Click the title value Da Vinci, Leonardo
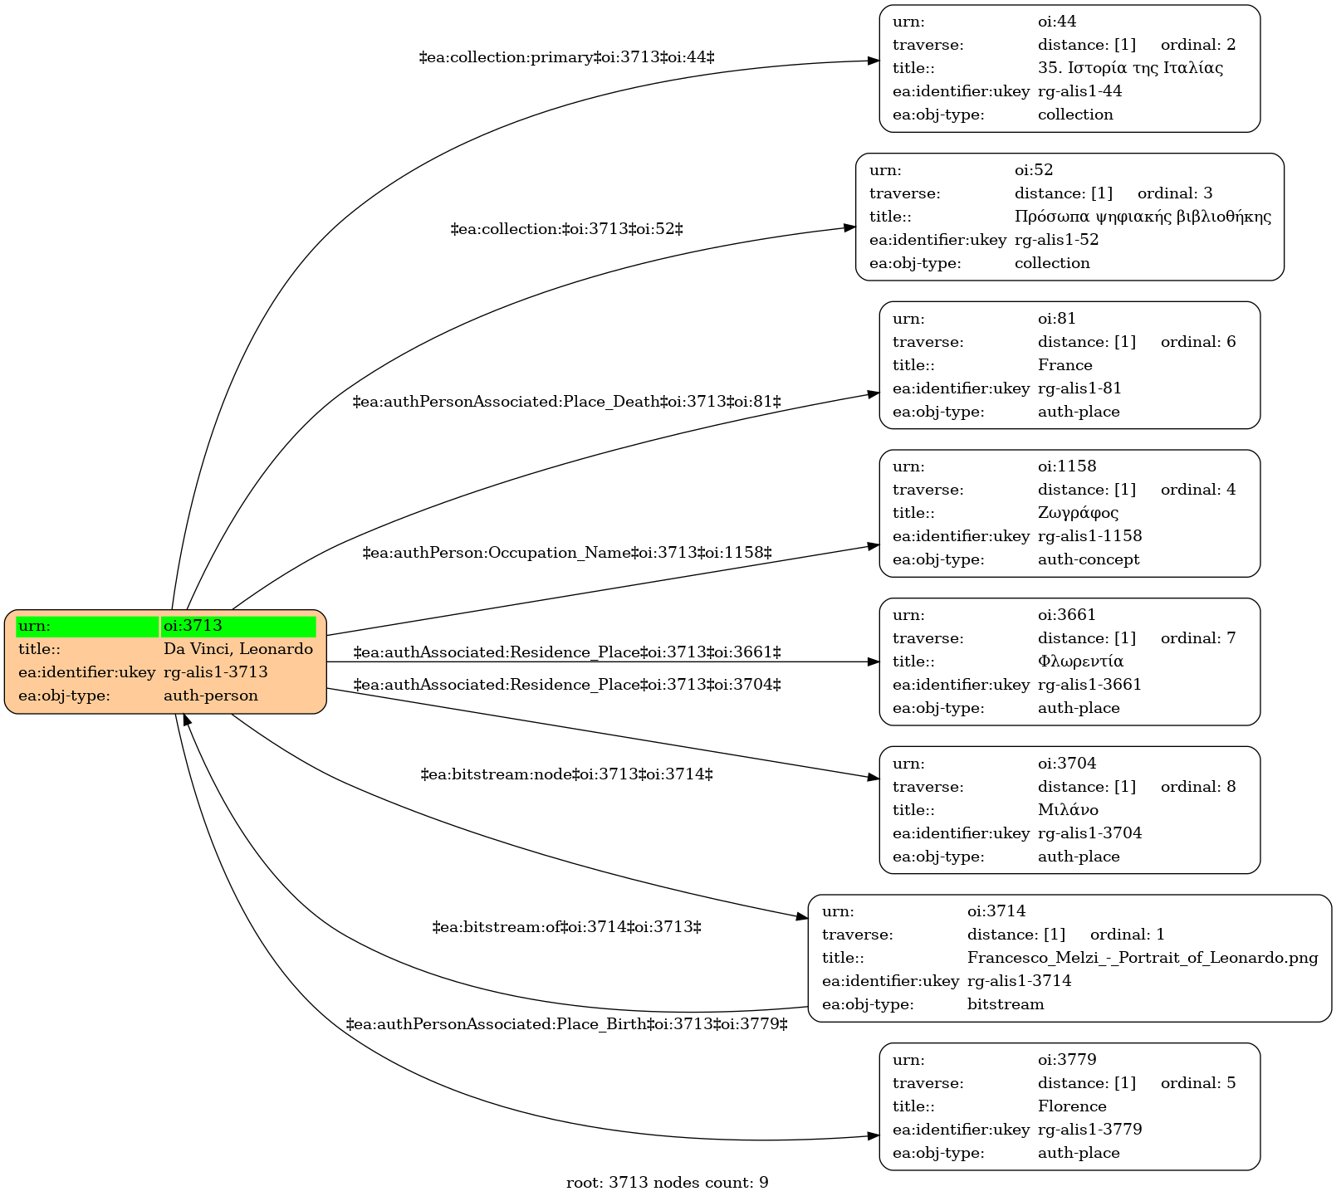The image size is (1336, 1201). (238, 649)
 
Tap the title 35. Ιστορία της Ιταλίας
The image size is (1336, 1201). (1130, 68)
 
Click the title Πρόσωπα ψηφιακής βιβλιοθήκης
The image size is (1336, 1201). (1143, 217)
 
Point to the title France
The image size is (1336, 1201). (1065, 365)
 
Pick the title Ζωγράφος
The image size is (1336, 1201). (1078, 513)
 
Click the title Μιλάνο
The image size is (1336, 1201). (1068, 810)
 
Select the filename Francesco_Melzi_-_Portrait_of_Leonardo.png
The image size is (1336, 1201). (1143, 958)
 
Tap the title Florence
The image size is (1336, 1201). (1072, 1106)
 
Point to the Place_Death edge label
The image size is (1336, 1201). (567, 402)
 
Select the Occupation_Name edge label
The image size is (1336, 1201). (567, 553)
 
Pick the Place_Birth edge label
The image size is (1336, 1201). (567, 1024)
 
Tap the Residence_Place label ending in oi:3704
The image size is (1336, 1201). (567, 685)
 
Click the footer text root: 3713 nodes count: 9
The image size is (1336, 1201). (668, 1183)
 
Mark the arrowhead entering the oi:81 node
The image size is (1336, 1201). (874, 394)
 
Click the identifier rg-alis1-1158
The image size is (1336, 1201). (1090, 536)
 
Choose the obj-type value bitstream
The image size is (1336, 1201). (1006, 1004)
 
